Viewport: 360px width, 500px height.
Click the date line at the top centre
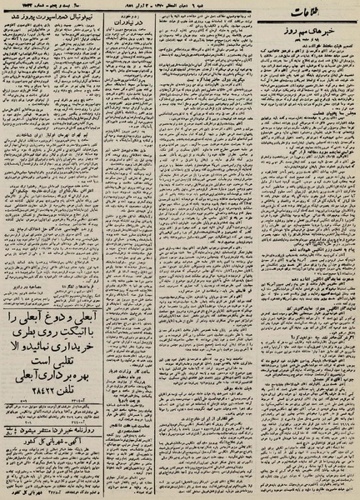tap(179, 7)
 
